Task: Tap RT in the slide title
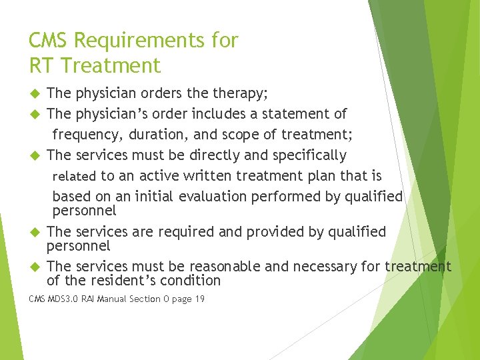(41, 65)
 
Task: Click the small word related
(74, 177)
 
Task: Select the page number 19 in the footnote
(199, 299)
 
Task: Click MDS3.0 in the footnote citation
(62, 299)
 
